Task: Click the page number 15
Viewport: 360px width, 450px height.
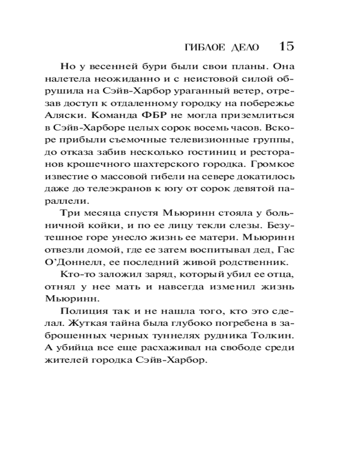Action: coord(286,46)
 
